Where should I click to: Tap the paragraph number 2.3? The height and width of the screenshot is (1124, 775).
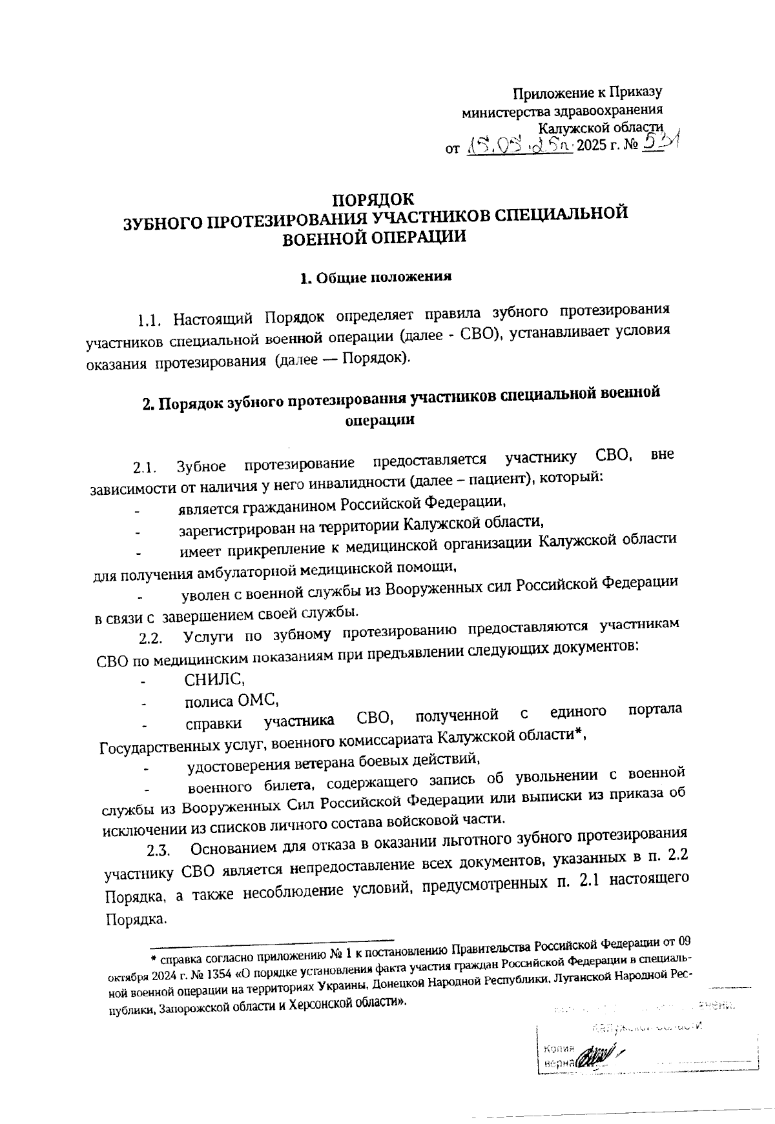(x=158, y=851)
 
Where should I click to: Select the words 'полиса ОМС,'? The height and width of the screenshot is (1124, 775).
(x=231, y=701)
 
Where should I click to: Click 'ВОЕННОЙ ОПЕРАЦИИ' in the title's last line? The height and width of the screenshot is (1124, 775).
(x=375, y=237)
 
